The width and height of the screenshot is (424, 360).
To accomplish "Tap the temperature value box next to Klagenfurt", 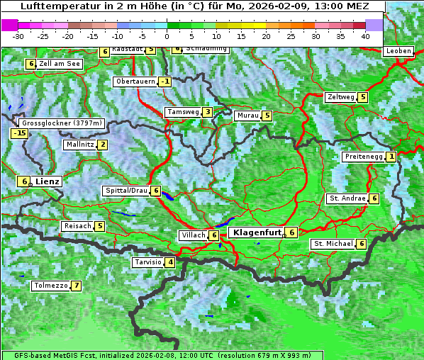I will tap(291, 232).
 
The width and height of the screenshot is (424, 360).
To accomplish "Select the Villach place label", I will tap(192, 235).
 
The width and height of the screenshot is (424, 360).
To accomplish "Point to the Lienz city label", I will tap(48, 181).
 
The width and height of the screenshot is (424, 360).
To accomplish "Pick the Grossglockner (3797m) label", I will tap(62, 123).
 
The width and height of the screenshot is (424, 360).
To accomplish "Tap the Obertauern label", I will tap(135, 81).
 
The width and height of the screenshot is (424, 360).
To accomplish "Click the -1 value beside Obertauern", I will tap(165, 81).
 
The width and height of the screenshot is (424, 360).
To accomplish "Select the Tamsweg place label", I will tap(182, 112).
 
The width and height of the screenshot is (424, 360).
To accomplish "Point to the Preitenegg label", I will tap(363, 157).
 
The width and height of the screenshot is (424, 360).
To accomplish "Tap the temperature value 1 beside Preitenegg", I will tap(391, 157).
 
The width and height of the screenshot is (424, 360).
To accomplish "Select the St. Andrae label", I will tap(347, 198).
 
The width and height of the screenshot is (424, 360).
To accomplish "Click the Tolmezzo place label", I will tap(50, 286).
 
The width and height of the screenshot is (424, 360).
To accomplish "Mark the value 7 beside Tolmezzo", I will tap(76, 286).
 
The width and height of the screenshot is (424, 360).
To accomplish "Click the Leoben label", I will tap(398, 51).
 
